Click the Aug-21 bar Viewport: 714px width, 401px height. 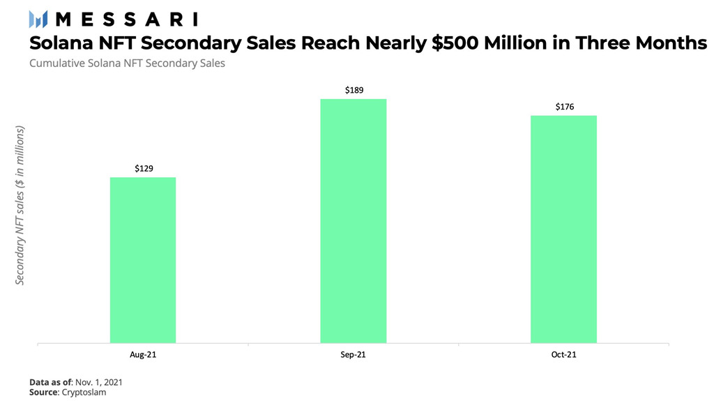tap(143, 260)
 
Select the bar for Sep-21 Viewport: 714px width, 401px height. tap(354, 221)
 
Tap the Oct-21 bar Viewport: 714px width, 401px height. tap(563, 229)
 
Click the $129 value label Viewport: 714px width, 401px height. tap(144, 169)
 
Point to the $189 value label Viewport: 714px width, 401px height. tap(354, 90)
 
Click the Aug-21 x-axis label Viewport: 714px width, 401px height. tap(143, 355)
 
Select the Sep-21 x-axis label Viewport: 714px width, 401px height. tap(354, 355)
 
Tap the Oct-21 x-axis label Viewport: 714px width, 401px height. tap(563, 355)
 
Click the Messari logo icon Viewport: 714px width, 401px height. tap(38, 19)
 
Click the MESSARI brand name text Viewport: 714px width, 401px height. tap(126, 19)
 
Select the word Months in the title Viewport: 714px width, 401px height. tap(667, 43)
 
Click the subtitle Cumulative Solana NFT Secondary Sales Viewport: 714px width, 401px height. tap(127, 63)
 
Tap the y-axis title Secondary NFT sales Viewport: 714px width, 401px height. tap(20, 206)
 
